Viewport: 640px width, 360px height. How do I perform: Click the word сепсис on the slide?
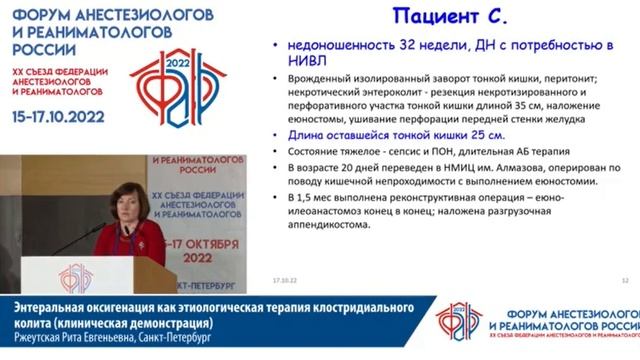[x=379, y=151]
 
